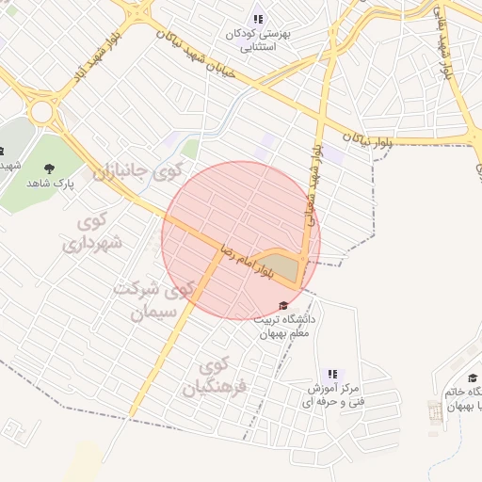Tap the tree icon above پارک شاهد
pyautogui.click(x=47, y=169)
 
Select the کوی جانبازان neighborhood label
pyautogui.click(x=135, y=173)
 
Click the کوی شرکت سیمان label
pyautogui.click(x=152, y=299)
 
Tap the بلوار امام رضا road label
pyautogui.click(x=244, y=260)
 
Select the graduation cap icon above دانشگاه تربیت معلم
pyautogui.click(x=283, y=305)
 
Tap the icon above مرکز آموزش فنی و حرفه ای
pyautogui.click(x=330, y=374)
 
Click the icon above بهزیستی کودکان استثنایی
pyautogui.click(x=259, y=19)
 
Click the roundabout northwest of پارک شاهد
pyautogui.click(x=41, y=113)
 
